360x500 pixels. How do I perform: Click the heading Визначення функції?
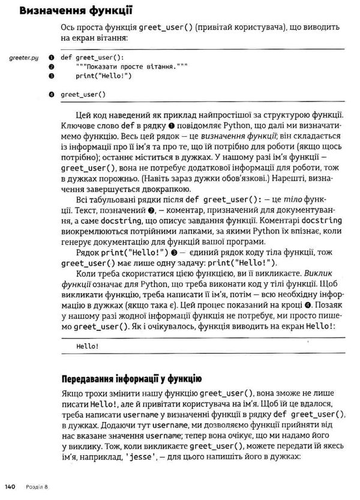click(x=76, y=10)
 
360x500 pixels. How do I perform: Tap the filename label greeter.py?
click(x=23, y=58)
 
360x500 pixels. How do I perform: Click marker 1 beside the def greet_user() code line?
click(x=52, y=58)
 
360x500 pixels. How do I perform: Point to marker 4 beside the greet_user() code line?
click(x=52, y=94)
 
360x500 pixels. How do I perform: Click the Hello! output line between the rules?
click(x=88, y=346)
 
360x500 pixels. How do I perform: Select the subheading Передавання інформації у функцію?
click(x=131, y=378)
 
